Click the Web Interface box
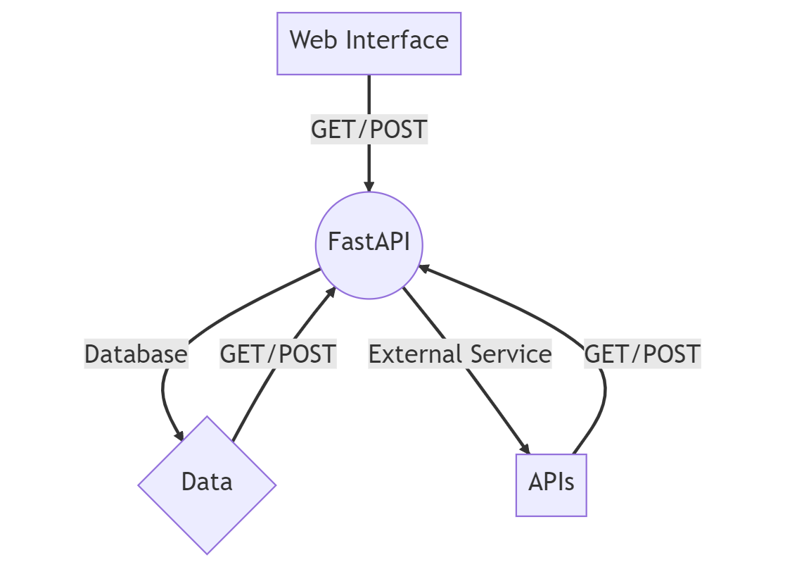(x=369, y=43)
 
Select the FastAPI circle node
(x=369, y=244)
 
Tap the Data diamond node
(x=207, y=484)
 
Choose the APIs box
(x=551, y=485)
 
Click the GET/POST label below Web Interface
(x=369, y=130)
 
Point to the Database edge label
(x=136, y=354)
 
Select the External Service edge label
(x=460, y=354)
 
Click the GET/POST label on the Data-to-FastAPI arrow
(x=278, y=354)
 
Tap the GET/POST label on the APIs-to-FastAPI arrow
(x=642, y=354)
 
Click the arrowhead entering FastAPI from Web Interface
(x=369, y=186)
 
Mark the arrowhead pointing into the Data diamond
(x=179, y=435)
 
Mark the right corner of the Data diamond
(x=275, y=485)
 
